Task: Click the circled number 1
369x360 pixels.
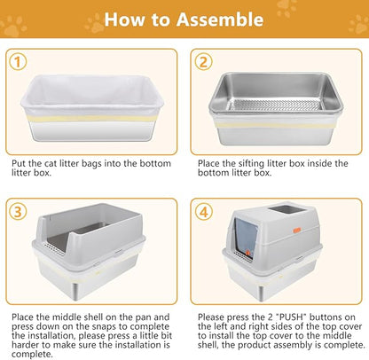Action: (18, 62)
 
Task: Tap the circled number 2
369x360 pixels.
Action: (203, 62)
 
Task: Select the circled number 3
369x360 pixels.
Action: (18, 212)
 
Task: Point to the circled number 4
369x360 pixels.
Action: (203, 212)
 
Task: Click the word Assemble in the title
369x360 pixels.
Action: (220, 20)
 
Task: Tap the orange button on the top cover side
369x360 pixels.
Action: (297, 230)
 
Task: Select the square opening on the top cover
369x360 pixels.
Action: (287, 209)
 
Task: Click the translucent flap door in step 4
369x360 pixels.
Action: (246, 238)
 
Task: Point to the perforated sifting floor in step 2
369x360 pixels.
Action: (274, 105)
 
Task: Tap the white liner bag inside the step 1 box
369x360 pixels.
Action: (92, 91)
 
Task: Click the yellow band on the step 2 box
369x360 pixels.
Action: (275, 125)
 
